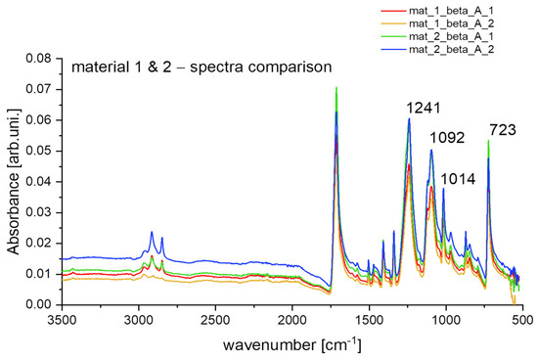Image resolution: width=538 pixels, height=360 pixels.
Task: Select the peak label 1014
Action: coord(461,179)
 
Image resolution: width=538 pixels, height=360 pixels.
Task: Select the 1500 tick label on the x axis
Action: coord(369,320)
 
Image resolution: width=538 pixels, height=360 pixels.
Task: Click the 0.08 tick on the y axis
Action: coord(39,59)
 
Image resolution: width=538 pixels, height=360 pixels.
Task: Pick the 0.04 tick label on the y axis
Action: coord(39,182)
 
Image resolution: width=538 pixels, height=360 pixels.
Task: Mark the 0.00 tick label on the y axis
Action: coord(39,304)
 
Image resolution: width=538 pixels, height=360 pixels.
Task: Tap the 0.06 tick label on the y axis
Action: coord(39,120)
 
